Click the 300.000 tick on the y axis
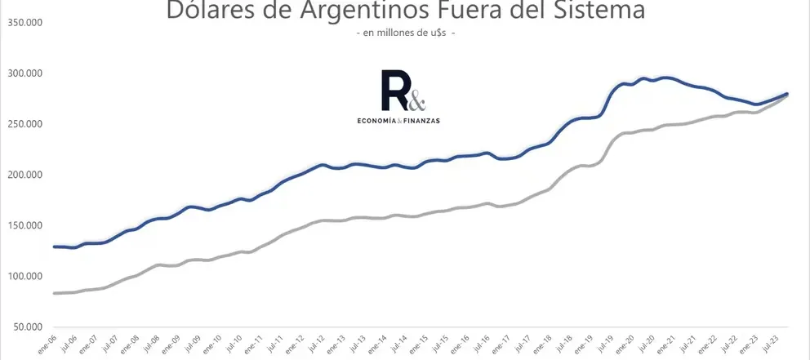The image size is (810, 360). click(x=24, y=73)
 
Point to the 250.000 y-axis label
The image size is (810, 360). click(x=24, y=124)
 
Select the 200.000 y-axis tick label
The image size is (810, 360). click(x=24, y=175)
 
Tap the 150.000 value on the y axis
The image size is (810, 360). click(x=24, y=225)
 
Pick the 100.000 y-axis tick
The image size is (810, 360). click(x=24, y=276)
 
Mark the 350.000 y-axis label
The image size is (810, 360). click(x=24, y=23)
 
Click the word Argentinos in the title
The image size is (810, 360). click(x=345, y=11)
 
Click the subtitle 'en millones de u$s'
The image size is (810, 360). click(x=405, y=33)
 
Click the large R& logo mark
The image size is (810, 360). click(x=403, y=91)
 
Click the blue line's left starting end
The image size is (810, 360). click(x=55, y=246)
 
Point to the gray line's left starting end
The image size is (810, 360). click(x=55, y=292)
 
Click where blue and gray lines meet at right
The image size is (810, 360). click(x=786, y=95)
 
